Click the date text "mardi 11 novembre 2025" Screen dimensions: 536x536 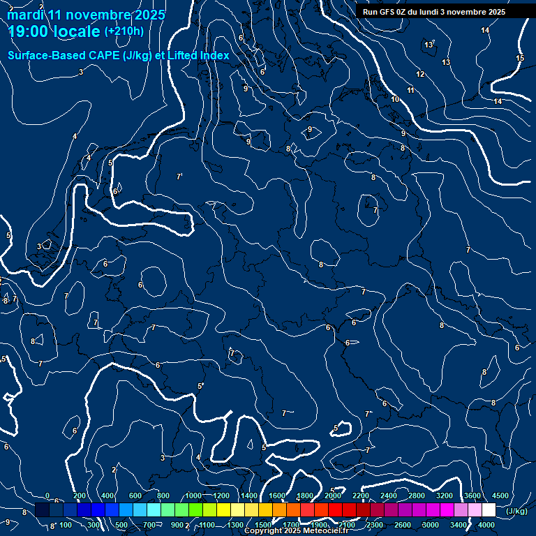87,15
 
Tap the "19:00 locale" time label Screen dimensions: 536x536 54,31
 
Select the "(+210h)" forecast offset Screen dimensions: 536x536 124,31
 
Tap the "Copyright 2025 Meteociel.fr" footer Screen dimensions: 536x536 296,531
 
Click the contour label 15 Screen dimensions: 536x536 520,59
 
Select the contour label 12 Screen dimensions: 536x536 420,74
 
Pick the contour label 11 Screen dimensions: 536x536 411,90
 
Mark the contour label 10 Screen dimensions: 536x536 395,100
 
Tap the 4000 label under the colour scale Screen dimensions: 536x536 487,525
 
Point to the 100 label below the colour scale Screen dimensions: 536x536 66,525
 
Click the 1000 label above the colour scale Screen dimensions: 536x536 193,496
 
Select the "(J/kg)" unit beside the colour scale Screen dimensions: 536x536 516,511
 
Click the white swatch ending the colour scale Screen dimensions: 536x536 489,510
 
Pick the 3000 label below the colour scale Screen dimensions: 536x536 431,525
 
